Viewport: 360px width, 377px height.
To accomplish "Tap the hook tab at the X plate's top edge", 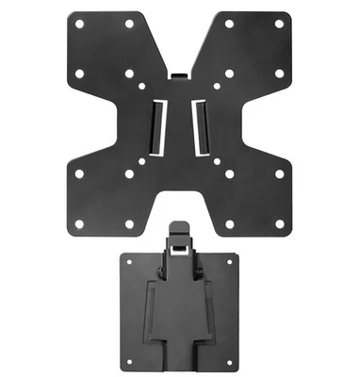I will tap(180, 74).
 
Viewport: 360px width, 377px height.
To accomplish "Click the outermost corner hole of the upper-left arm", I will tap(79, 24).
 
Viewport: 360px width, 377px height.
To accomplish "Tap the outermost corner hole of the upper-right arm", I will tap(280, 24).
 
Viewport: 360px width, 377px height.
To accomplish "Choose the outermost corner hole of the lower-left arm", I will tap(79, 223).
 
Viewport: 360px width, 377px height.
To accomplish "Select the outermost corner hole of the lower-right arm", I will tap(280, 223).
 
